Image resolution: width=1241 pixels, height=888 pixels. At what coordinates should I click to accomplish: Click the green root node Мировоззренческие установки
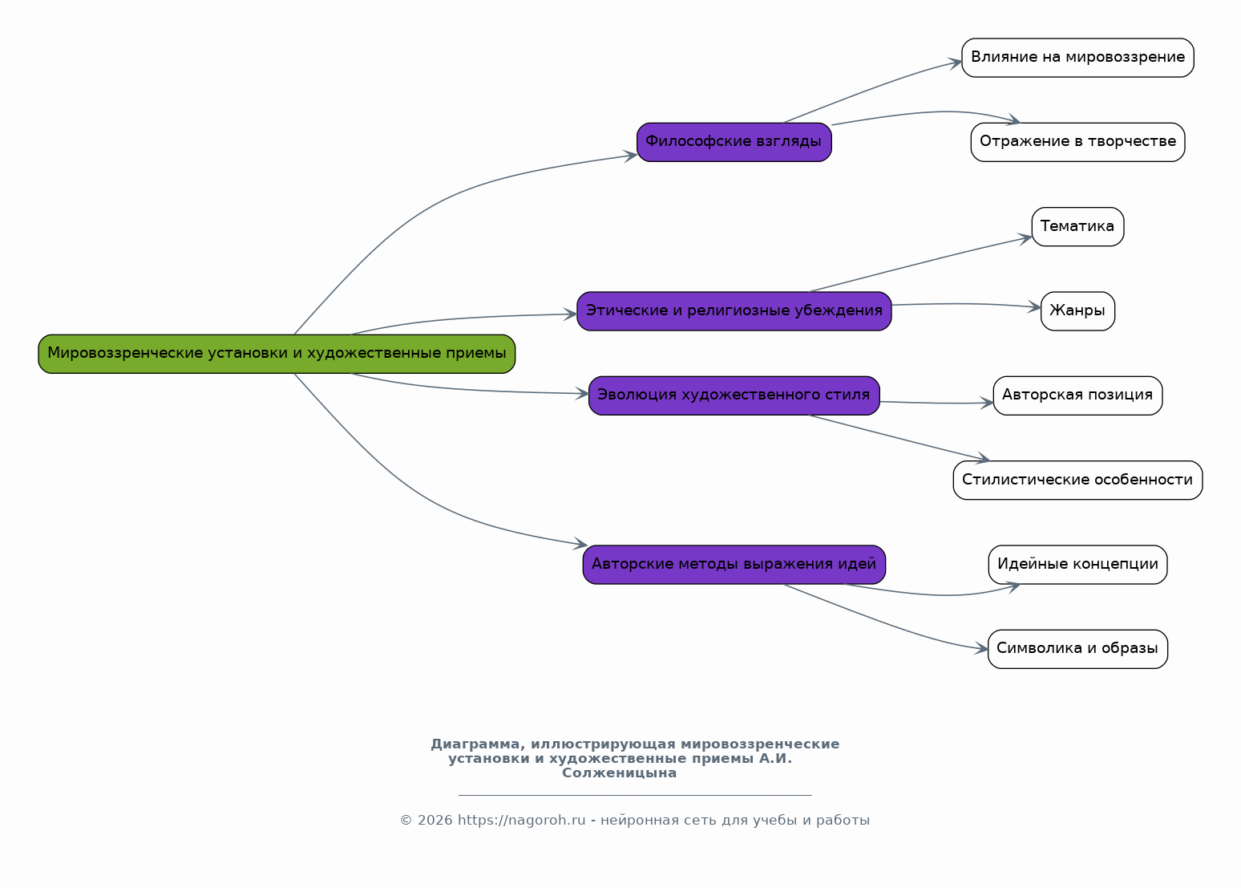coord(277,354)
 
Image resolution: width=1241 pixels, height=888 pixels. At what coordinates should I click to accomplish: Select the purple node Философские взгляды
coord(734,142)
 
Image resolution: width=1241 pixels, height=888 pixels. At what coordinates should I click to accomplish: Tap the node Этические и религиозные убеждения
coord(734,311)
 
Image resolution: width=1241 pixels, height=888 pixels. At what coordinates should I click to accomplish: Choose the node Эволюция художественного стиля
coord(734,395)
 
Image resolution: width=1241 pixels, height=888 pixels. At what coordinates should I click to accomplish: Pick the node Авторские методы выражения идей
coord(734,564)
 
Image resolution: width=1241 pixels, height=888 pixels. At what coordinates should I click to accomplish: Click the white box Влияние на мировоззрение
coord(1077,58)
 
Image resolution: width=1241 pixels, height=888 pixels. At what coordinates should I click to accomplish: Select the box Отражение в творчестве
coord(1077,142)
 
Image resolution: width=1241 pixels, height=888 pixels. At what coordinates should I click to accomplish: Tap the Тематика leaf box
coord(1077,227)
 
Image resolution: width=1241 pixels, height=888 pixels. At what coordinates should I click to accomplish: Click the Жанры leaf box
coord(1077,311)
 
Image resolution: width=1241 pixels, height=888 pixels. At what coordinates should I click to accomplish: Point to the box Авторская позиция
coord(1077,395)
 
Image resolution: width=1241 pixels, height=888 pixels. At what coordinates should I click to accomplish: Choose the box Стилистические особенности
coord(1077,480)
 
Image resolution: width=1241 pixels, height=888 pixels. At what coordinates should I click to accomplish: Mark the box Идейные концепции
coord(1077,564)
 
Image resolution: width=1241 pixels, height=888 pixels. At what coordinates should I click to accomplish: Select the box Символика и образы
coord(1077,649)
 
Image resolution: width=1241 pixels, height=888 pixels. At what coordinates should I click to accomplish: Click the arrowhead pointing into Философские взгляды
coord(630,156)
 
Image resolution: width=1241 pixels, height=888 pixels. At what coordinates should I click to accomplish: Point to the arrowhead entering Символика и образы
coord(981,648)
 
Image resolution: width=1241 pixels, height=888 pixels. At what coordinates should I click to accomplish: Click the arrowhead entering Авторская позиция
coord(987,403)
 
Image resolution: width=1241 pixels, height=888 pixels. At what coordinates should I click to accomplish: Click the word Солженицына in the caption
coord(619,773)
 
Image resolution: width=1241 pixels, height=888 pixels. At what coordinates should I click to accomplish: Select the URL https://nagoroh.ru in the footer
coord(521,821)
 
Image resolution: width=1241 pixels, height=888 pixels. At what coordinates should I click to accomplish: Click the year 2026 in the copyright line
coord(435,821)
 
